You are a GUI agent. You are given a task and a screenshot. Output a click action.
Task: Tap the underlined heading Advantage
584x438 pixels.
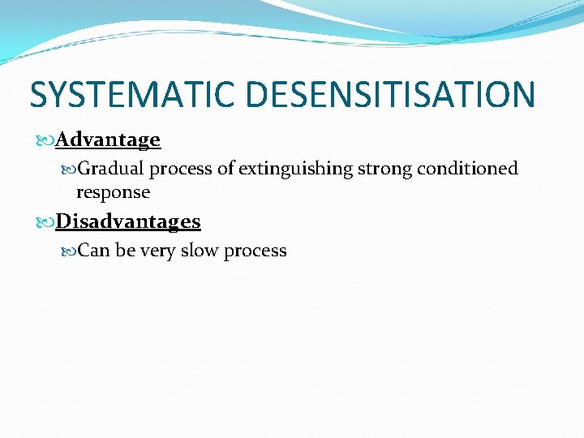click(108, 140)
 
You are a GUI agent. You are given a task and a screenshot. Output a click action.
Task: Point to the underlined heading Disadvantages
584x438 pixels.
click(128, 221)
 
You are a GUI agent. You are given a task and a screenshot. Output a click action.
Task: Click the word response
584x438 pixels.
click(113, 192)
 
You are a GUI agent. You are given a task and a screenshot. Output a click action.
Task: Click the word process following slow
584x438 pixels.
click(255, 251)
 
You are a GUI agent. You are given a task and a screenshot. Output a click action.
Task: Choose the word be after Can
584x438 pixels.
click(125, 251)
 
